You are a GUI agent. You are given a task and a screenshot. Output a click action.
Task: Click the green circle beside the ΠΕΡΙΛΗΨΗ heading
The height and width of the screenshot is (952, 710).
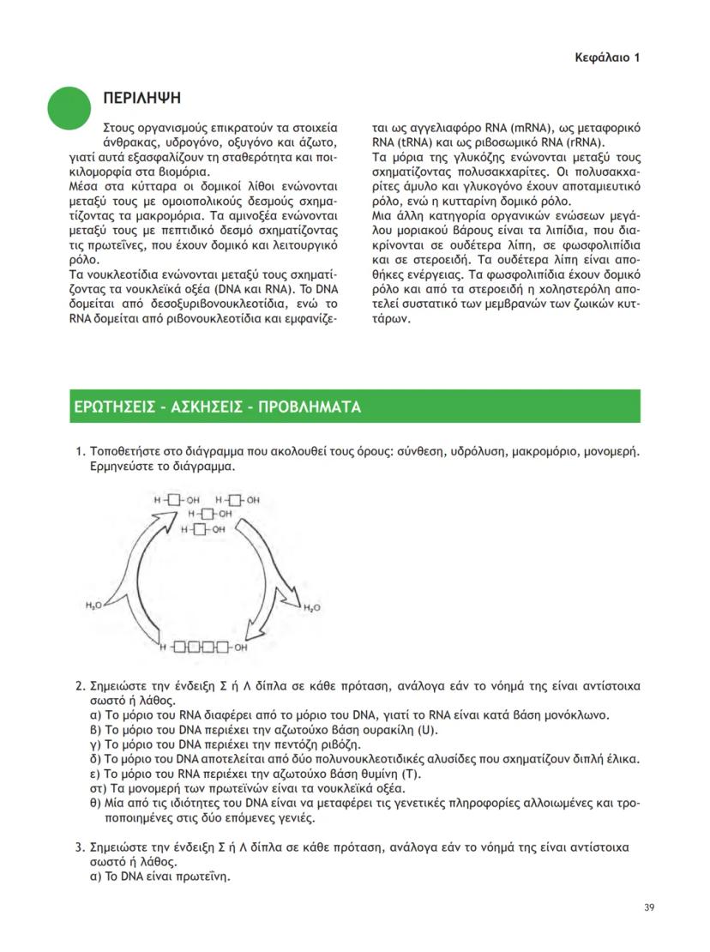pyautogui.click(x=69, y=108)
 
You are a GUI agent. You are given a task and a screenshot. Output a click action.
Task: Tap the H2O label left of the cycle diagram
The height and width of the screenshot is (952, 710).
pyautogui.click(x=93, y=606)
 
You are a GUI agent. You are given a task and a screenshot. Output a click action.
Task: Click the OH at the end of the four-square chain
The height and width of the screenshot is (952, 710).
pyautogui.click(x=241, y=648)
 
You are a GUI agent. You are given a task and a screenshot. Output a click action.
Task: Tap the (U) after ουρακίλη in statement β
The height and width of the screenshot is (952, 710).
pyautogui.click(x=427, y=730)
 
